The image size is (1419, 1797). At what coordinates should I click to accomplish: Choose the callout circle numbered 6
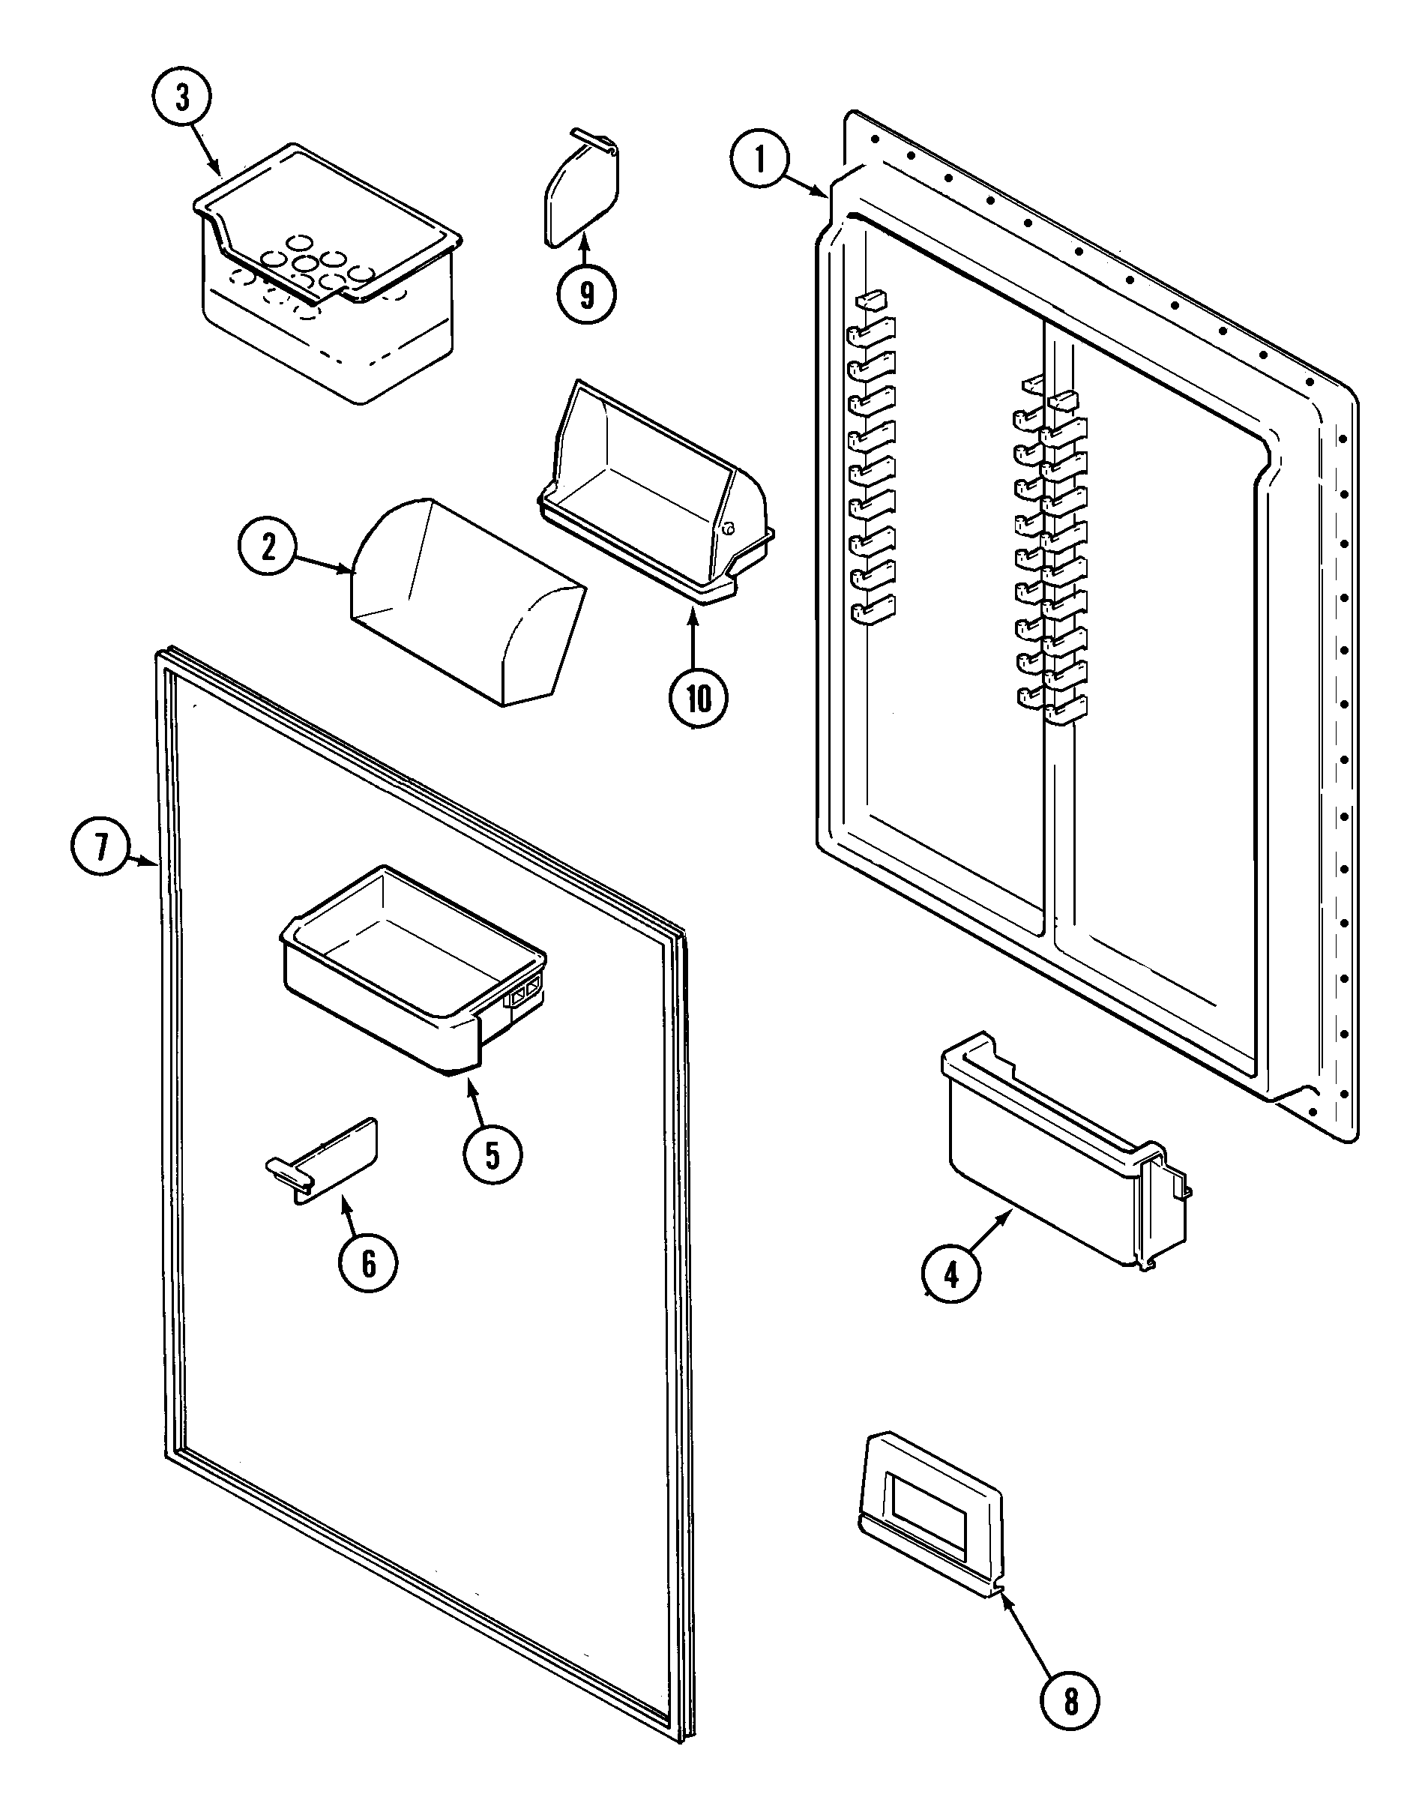coord(368,1264)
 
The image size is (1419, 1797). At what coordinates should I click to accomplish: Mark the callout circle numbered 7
coord(100,848)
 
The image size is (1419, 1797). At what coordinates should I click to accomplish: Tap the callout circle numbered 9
coord(586,294)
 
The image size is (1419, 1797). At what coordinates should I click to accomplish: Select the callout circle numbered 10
coord(699,699)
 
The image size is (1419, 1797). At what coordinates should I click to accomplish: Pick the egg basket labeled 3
coord(328,274)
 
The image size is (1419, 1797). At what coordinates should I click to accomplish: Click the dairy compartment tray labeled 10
coord(652,499)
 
